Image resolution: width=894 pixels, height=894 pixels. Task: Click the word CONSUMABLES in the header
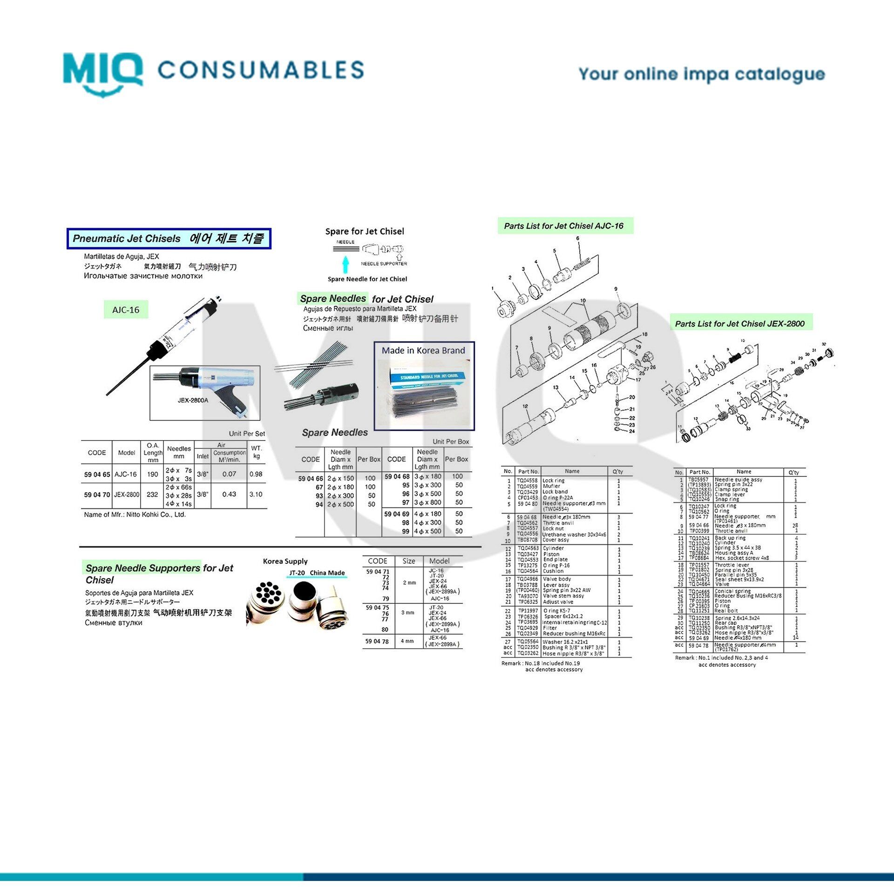261,70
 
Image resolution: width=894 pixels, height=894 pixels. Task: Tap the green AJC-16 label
126,310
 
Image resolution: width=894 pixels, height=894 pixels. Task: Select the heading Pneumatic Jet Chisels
127,238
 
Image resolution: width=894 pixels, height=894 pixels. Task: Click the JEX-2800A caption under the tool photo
193,400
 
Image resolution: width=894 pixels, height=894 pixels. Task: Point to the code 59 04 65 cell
97,474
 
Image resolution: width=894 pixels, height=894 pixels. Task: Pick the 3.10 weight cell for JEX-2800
256,494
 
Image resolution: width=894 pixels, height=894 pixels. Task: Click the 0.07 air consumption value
229,474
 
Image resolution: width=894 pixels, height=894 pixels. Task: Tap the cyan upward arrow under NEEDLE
345,264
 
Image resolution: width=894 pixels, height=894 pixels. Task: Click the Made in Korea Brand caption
423,351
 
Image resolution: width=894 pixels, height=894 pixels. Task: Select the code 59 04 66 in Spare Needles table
311,479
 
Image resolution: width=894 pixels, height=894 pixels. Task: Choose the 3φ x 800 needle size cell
427,502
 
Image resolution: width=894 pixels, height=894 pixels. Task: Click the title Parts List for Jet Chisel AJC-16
563,226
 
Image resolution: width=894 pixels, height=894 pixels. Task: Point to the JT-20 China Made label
317,573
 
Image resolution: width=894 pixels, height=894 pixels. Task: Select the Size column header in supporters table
409,561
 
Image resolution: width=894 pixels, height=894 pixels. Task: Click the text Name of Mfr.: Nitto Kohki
135,515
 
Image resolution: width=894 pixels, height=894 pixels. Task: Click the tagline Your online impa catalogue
701,74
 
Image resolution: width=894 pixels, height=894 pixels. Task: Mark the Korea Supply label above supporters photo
285,561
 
